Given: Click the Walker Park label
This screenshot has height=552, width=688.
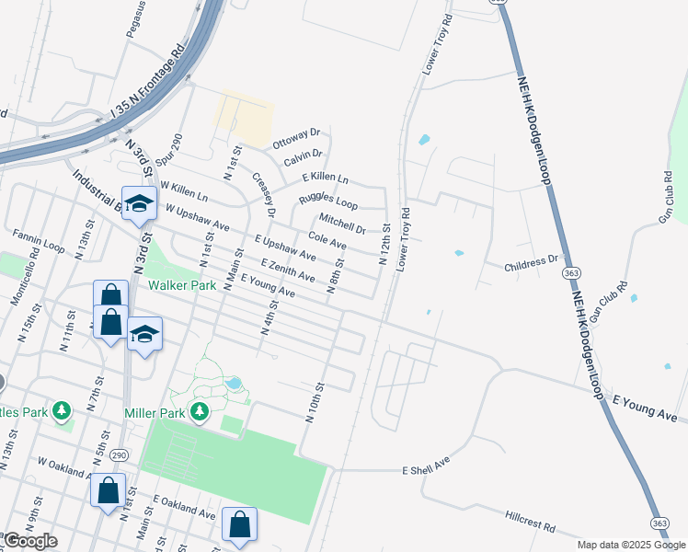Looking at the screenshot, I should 183,285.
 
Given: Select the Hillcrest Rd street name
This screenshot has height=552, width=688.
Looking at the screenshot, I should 531,523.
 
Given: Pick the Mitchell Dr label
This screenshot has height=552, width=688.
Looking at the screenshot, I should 341,223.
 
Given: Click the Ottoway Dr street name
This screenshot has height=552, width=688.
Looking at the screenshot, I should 296,139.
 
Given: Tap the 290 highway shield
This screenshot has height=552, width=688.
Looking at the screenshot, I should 119,455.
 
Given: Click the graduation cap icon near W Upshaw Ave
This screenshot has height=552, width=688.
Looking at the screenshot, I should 139,203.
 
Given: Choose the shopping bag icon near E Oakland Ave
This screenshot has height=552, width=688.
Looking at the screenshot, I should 239,524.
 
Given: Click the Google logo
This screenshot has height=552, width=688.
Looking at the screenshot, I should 29,541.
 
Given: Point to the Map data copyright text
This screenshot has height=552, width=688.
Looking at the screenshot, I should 630,545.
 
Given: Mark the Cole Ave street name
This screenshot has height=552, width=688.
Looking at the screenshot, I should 327,241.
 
